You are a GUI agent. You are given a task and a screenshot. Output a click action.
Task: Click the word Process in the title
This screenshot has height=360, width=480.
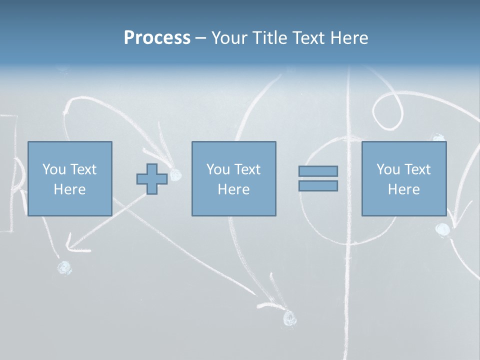coord(157,38)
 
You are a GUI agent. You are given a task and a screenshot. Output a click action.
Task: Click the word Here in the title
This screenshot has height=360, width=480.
coord(349,38)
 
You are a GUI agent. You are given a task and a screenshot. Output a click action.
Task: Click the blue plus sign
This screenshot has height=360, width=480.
coord(152,178)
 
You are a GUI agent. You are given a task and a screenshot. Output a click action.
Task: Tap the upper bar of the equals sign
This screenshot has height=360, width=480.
coord(318,171)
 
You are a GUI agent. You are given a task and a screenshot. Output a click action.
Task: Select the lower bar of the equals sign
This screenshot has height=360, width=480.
coord(318,185)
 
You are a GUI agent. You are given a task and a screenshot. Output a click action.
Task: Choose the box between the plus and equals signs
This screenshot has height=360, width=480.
coord(233,178)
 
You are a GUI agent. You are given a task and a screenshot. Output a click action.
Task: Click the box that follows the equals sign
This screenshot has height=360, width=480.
coord(403,178)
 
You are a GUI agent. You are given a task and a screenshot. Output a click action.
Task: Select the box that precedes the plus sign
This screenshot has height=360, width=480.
coord(69,178)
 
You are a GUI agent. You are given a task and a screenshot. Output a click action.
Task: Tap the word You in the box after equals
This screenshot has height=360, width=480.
coord(388,169)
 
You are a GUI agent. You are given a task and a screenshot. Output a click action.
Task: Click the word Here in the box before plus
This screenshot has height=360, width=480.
coord(69,189)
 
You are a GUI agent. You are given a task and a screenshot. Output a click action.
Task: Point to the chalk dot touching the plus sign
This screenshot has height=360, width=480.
coord(175,174)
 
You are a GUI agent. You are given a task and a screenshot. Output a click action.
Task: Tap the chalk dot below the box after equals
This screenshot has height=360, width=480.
coord(442,229)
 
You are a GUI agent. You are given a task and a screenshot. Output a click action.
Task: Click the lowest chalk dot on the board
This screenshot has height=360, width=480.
coord(289,317)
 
